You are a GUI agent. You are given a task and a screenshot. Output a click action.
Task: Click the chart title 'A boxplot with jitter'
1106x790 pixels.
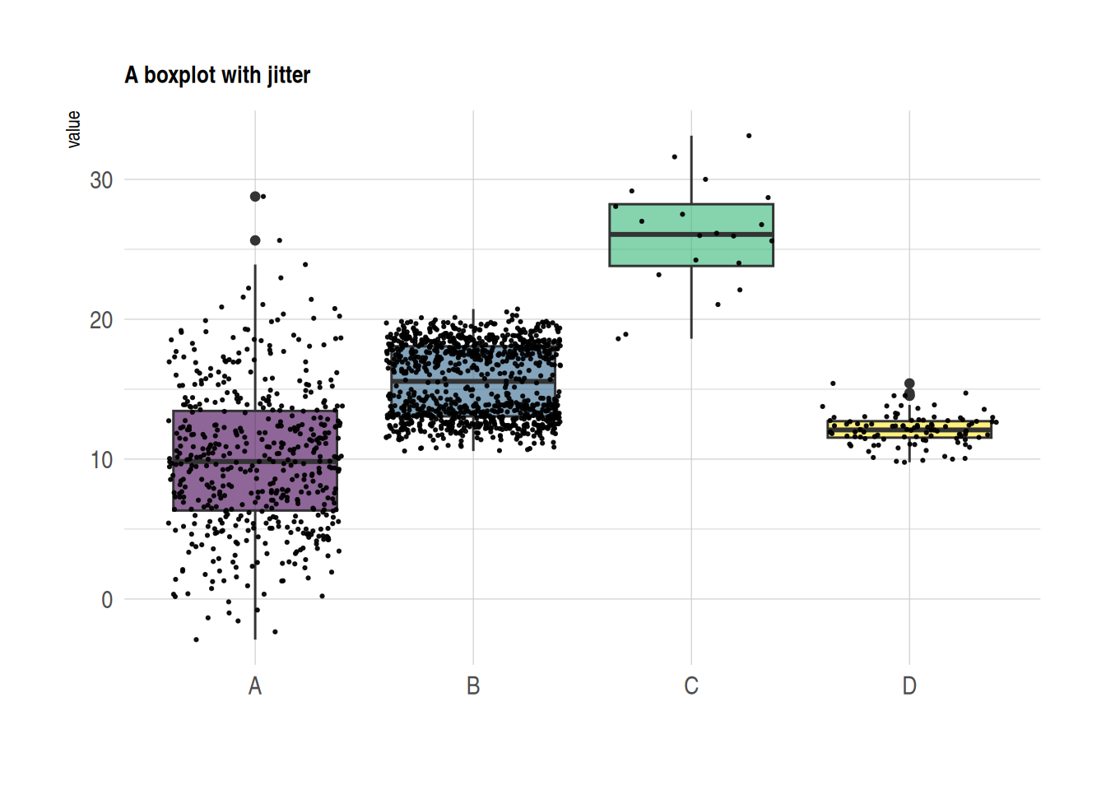(x=217, y=75)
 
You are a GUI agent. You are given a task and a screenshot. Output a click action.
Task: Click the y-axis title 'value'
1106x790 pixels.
(x=74, y=129)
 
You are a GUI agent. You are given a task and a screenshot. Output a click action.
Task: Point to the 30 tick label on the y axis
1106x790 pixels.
(x=101, y=180)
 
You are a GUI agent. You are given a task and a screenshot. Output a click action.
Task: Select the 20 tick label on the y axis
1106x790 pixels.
(x=101, y=320)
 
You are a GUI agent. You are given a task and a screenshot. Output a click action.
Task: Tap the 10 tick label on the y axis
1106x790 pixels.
(x=101, y=460)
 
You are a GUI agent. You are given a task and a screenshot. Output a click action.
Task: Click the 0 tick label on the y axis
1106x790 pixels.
(x=107, y=600)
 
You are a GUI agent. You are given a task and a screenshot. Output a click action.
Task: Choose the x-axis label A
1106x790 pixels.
(x=255, y=685)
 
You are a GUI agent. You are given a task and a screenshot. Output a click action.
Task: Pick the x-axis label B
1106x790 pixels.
(x=473, y=685)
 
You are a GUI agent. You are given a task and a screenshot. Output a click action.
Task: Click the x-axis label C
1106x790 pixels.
(x=691, y=685)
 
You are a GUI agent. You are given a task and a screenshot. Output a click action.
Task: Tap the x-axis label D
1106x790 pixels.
(x=909, y=685)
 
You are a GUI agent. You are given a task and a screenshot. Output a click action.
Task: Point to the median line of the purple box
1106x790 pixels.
(x=214, y=462)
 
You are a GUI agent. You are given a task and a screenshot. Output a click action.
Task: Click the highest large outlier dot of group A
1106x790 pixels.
(x=255, y=197)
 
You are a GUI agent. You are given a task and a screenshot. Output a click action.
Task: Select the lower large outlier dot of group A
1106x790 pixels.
(x=255, y=240)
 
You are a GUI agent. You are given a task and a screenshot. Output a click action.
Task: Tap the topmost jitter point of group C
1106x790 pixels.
(x=749, y=136)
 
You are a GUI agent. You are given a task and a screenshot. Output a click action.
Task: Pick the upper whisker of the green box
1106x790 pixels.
(x=691, y=169)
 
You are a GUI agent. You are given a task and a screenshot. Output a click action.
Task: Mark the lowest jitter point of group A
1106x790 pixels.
(x=196, y=639)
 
